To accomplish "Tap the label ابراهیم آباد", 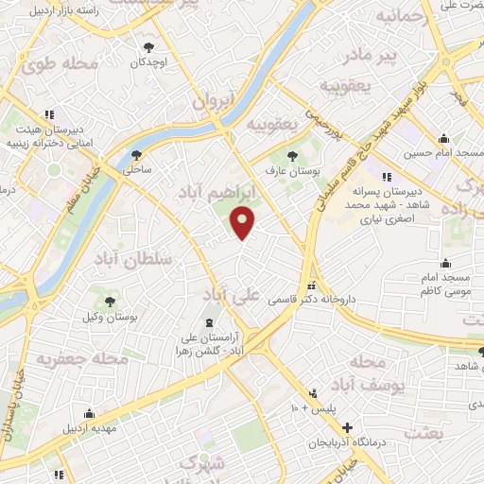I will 217,193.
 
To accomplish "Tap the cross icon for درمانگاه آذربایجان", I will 347,428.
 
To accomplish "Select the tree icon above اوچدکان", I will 148,46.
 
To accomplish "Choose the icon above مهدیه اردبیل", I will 90,413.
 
